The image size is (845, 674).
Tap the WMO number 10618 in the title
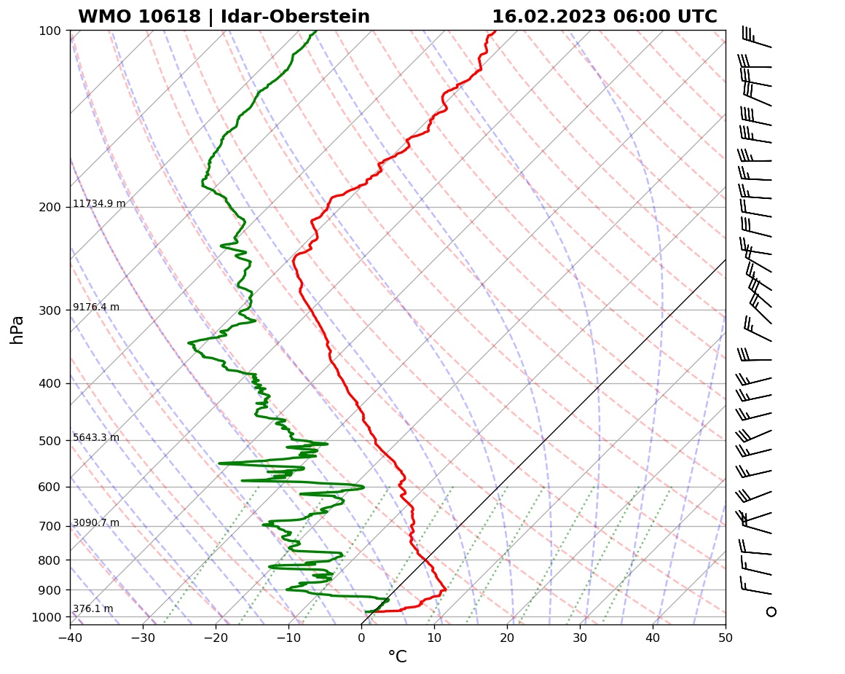168,17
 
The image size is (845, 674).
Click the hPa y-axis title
17,329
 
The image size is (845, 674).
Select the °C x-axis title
397,657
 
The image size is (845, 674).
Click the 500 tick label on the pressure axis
49,440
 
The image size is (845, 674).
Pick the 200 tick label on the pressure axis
49,207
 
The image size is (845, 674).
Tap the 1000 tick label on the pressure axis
46,617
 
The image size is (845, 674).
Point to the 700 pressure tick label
49,526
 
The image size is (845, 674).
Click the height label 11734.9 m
99,204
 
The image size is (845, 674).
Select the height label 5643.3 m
96,438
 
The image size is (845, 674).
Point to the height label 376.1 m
93,609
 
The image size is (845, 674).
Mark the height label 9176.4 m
96,307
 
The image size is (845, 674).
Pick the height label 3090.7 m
96,523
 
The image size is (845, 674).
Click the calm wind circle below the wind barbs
771,611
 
